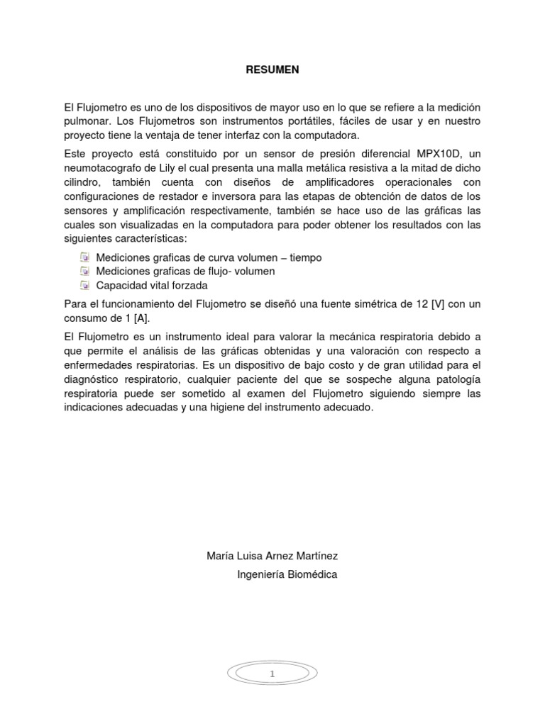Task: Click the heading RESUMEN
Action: point(272,69)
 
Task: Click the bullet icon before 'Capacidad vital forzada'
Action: point(84,285)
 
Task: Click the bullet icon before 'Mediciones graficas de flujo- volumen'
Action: point(84,271)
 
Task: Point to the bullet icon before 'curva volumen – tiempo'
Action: point(84,257)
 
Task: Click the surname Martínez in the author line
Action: point(310,556)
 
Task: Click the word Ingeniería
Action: point(257,574)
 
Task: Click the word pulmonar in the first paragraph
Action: point(86,121)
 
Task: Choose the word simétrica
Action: point(382,303)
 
